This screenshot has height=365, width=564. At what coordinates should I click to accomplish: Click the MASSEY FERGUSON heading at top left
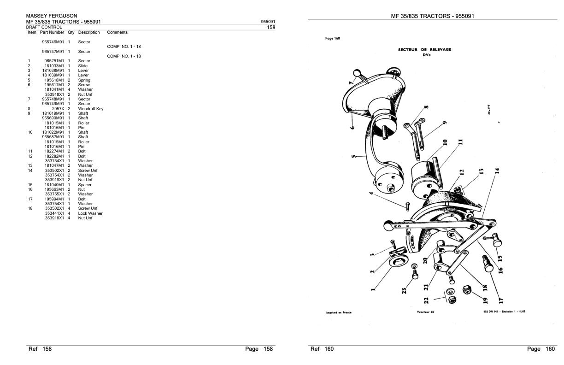click(52, 16)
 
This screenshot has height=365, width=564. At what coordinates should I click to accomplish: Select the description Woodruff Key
click(91, 109)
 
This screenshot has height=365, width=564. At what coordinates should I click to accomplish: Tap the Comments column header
click(117, 32)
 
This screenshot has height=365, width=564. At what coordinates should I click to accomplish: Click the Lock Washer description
click(90, 213)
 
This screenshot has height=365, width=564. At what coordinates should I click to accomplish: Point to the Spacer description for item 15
click(85, 185)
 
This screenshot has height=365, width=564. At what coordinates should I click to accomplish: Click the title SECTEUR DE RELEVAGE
click(424, 49)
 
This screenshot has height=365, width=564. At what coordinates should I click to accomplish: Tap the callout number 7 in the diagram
click(351, 82)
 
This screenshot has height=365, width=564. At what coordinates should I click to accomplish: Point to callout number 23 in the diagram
click(404, 290)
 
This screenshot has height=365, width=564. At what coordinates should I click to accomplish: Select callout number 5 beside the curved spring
click(354, 157)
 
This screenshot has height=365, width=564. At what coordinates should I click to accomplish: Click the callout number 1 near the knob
click(373, 290)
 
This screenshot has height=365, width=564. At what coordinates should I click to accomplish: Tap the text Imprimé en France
click(339, 312)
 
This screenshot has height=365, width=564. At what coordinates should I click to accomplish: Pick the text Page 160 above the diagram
click(333, 38)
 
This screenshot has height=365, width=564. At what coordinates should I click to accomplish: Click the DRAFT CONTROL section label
click(44, 27)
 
